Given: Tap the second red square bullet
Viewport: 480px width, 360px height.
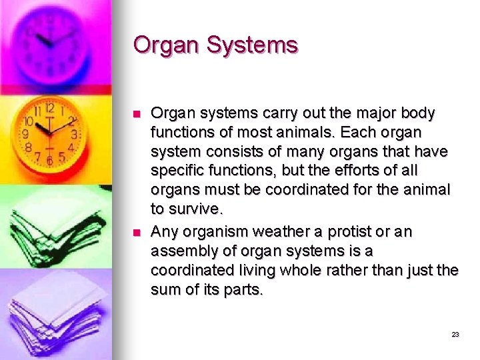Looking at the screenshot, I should click(x=137, y=233).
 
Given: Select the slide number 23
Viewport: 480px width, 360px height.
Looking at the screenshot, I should click(x=455, y=335).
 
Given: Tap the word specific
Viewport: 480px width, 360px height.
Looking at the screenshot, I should click(x=175, y=171).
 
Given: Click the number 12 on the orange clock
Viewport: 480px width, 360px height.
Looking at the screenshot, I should click(x=49, y=108).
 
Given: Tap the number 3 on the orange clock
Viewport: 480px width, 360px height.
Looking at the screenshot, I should click(x=74, y=134).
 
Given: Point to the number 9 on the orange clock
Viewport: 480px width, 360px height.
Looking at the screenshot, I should click(x=25, y=134).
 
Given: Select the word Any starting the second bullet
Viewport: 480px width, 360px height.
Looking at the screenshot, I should click(x=164, y=232).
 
